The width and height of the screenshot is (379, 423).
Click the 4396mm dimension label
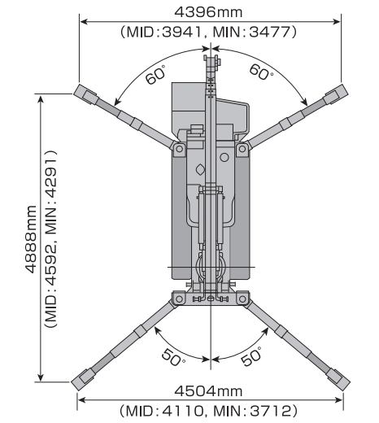208,12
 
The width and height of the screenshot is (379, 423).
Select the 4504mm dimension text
208,391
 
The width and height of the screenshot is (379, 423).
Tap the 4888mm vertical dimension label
31,239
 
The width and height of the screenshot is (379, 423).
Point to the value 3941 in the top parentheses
182,32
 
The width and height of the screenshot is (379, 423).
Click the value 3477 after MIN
270,32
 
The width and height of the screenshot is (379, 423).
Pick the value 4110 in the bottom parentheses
182,411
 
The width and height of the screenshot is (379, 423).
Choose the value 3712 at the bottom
270,411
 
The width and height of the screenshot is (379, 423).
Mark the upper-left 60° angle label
155,75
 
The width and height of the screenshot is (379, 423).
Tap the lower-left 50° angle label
172,357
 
